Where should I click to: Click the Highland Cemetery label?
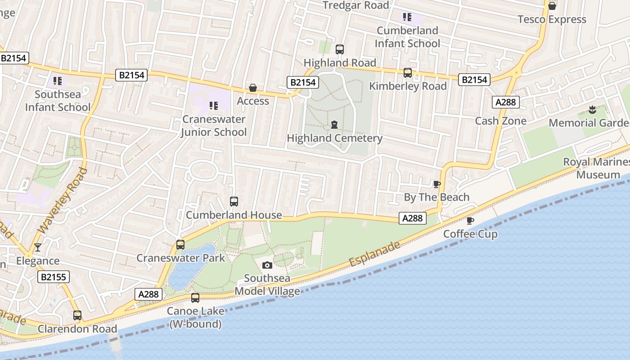[334, 138]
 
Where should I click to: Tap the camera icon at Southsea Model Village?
[267, 265]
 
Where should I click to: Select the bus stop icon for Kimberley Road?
[408, 72]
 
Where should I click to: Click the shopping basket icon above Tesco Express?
[552, 6]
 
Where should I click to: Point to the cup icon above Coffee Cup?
[470, 220]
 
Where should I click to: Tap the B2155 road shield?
[53, 277]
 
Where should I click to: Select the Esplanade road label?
[374, 253]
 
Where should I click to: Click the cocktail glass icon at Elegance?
[38, 247]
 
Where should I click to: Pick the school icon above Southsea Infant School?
[57, 81]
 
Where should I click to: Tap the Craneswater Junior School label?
[214, 126]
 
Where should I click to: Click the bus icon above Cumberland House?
[234, 201]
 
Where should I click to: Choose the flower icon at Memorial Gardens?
[592, 109]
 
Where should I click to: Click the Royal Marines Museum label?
[597, 168]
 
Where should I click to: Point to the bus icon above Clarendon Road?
[77, 315]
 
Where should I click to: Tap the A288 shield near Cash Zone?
[505, 102]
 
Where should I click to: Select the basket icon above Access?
[253, 88]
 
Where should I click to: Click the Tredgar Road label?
[356, 5]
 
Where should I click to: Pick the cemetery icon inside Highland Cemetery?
[334, 125]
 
